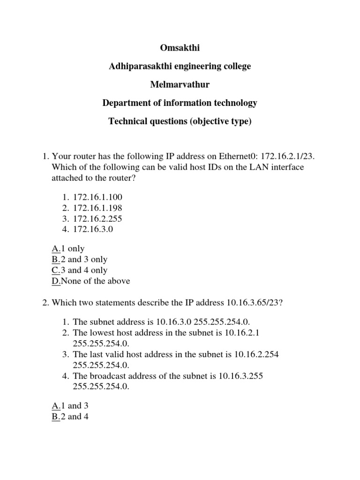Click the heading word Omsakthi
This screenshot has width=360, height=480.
pyautogui.click(x=180, y=48)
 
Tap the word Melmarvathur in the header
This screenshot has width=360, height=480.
pyautogui.click(x=180, y=85)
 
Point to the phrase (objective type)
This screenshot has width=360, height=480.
pyautogui.click(x=221, y=121)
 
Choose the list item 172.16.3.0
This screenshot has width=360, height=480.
pyautogui.click(x=93, y=230)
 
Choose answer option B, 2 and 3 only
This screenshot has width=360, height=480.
pyautogui.click(x=80, y=260)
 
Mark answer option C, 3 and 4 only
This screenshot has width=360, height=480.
pyautogui.click(x=80, y=270)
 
